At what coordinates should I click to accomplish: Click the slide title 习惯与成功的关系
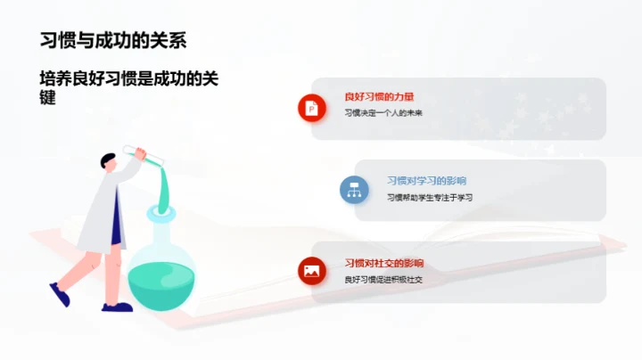click(113, 40)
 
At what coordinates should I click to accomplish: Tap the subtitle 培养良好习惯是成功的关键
click(128, 87)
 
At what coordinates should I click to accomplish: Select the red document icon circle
click(312, 108)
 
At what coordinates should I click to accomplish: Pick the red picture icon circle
click(312, 271)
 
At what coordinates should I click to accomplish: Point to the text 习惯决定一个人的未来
click(383, 114)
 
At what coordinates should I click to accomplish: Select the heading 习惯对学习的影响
click(426, 180)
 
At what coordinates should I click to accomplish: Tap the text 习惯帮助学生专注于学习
click(429, 198)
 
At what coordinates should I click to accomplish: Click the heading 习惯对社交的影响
click(384, 263)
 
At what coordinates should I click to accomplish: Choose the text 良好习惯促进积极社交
click(383, 280)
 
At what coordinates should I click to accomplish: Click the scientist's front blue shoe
click(117, 306)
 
